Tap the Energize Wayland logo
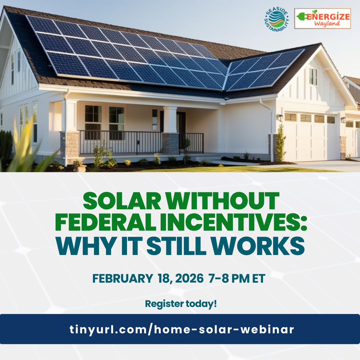[x=322, y=19]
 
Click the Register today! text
[x=181, y=304]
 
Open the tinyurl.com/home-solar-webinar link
[x=182, y=329]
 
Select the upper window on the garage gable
[x=313, y=77]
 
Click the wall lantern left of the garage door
[x=280, y=117]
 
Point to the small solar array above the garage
[x=263, y=70]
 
